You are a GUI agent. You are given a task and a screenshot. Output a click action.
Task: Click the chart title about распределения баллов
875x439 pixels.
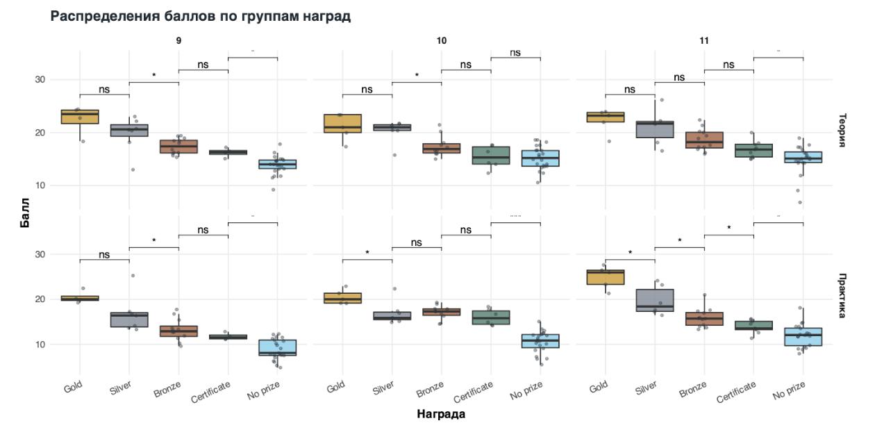[201, 17]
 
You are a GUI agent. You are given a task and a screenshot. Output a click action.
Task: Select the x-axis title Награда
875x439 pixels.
[441, 415]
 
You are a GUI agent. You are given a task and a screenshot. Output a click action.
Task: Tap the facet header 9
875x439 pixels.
[178, 41]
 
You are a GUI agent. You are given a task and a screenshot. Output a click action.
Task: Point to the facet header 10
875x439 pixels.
[441, 41]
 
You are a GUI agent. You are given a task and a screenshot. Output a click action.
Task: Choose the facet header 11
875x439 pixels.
[703, 41]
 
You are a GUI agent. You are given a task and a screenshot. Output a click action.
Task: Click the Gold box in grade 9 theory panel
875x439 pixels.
[80, 117]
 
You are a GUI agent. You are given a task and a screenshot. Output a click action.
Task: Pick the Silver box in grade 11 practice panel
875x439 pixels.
[655, 300]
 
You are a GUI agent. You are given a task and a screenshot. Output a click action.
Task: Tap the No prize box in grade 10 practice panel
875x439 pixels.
[540, 341]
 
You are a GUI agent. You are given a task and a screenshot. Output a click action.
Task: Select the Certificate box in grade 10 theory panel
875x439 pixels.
[491, 155]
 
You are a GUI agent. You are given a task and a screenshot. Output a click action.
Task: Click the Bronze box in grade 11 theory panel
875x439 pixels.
[704, 140]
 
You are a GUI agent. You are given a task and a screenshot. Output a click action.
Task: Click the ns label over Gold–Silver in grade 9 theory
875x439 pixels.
[104, 90]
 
